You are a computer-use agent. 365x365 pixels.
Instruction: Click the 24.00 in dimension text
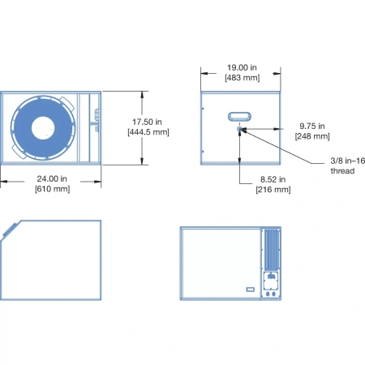(x=52, y=178)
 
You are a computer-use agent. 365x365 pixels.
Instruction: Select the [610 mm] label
(x=53, y=189)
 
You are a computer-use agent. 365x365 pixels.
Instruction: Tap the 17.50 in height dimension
(x=147, y=122)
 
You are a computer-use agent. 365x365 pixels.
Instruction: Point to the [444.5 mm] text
(x=148, y=132)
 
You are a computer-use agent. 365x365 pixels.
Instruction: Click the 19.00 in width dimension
(x=242, y=67)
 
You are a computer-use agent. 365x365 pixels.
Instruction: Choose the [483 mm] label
(x=243, y=78)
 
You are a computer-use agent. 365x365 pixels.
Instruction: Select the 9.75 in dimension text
(x=312, y=126)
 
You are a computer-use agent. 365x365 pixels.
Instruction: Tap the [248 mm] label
(x=312, y=136)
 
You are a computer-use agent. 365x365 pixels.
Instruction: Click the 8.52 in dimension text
(x=273, y=179)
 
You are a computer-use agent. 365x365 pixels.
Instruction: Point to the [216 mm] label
(x=273, y=189)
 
